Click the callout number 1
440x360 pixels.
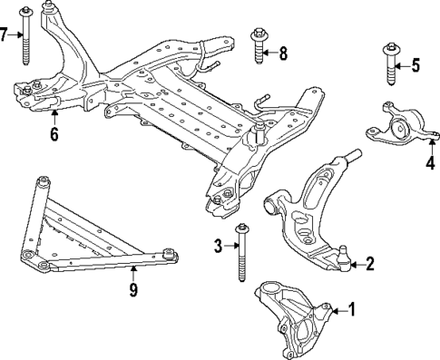pyautogui.click(x=352, y=310)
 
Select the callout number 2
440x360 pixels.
pyautogui.click(x=369, y=265)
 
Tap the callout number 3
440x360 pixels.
pyautogui.click(x=218, y=246)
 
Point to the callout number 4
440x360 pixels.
pyautogui.click(x=430, y=164)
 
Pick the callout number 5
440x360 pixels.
pyautogui.click(x=416, y=64)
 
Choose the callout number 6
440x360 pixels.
pyautogui.click(x=54, y=135)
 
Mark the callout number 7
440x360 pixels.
pyautogui.click(x=5, y=35)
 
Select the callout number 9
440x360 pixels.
pyautogui.click(x=133, y=290)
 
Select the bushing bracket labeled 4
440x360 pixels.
pyautogui.click(x=400, y=126)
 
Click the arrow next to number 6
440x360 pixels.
pyautogui.click(x=54, y=118)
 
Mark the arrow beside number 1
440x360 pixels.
pyautogui.click(x=337, y=310)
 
